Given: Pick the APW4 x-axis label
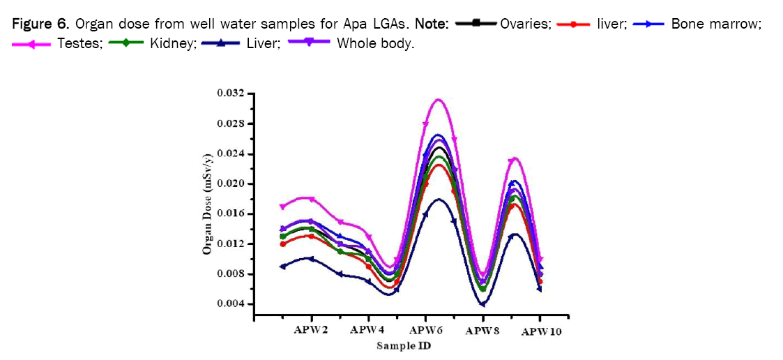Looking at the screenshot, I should (367, 329).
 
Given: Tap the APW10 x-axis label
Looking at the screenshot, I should (541, 331).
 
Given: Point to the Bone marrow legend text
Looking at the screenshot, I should (715, 24).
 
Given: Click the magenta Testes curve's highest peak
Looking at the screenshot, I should (439, 99).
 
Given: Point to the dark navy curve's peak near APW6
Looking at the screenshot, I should (439, 199).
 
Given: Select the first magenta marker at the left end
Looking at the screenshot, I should (282, 207).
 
